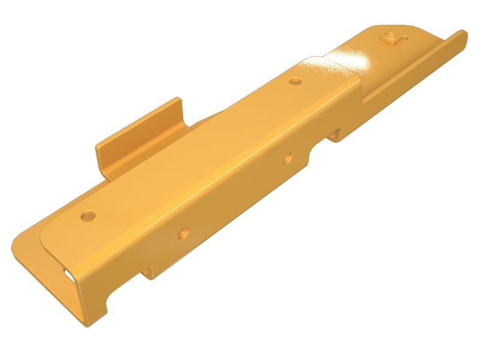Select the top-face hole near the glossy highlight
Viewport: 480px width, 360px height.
pyautogui.click(x=295, y=80)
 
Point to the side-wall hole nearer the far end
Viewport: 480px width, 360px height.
pyautogui.click(x=288, y=159)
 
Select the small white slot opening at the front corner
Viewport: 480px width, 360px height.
pyautogui.click(x=67, y=273)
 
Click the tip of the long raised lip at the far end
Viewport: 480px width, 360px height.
pyautogui.click(x=462, y=35)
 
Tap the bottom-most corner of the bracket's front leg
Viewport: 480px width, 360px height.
pyautogui.click(x=84, y=327)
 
